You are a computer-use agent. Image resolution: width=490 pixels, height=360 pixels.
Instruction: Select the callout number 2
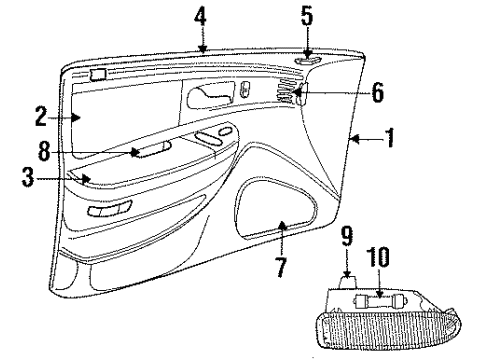41,117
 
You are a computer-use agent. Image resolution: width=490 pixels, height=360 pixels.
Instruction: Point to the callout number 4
201,17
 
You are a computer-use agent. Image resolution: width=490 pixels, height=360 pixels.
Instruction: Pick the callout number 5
306,16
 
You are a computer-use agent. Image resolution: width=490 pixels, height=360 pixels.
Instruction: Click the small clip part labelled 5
306,58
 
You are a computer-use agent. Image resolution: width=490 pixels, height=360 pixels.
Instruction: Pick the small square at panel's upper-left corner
97,74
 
